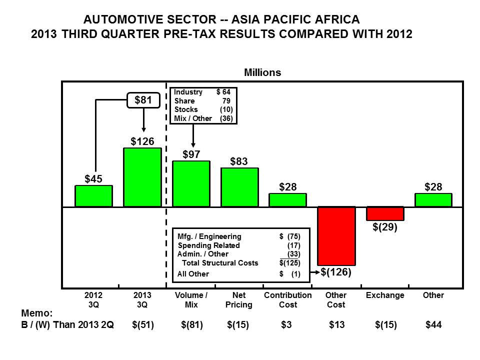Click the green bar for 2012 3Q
(x=93, y=196)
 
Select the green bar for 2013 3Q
(x=142, y=177)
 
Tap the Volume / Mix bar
(x=191, y=183)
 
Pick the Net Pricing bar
(x=239, y=187)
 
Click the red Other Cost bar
(x=336, y=236)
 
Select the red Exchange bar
(x=385, y=213)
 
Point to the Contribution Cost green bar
(x=288, y=200)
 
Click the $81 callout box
(x=143, y=100)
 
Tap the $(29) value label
(x=385, y=227)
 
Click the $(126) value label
(x=336, y=272)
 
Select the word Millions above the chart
(x=262, y=72)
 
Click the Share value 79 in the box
(x=226, y=100)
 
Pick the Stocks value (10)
(x=226, y=109)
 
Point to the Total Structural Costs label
(x=220, y=263)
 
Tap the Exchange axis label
(x=385, y=295)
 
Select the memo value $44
(x=433, y=324)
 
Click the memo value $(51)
(x=143, y=325)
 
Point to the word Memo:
(x=36, y=313)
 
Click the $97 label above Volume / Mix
(x=191, y=154)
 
